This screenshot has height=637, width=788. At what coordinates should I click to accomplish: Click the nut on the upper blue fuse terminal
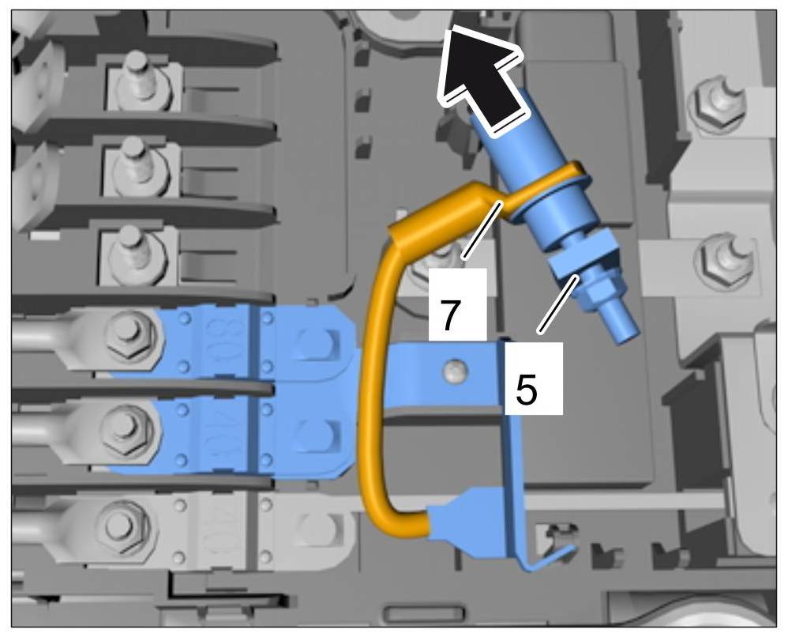coord(127,333)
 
